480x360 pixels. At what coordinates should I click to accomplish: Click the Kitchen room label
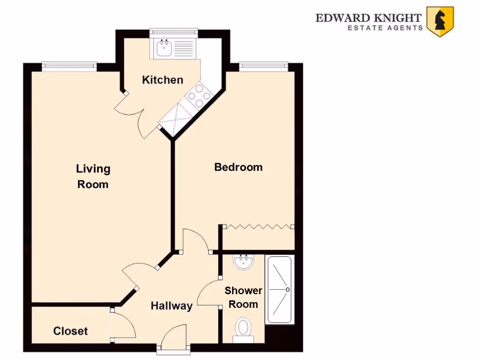click(x=162, y=80)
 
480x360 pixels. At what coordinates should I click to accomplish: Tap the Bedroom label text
click(x=238, y=167)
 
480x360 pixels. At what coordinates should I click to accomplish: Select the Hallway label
click(x=171, y=306)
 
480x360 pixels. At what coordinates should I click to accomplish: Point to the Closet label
click(x=70, y=331)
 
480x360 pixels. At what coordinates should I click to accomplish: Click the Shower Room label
click(x=243, y=297)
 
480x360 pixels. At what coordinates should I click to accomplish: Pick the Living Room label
click(x=93, y=176)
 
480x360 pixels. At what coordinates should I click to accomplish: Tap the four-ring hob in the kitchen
click(x=199, y=97)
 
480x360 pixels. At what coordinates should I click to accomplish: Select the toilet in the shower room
click(x=243, y=328)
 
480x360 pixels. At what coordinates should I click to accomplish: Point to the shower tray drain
click(x=287, y=290)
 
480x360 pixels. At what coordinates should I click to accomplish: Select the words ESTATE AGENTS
click(x=384, y=28)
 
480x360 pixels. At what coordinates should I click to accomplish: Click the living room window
click(x=69, y=67)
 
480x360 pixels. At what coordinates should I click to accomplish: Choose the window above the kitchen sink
click(x=171, y=31)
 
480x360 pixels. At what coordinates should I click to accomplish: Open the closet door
click(x=123, y=324)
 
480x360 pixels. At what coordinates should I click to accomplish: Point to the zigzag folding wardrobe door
click(x=258, y=226)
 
